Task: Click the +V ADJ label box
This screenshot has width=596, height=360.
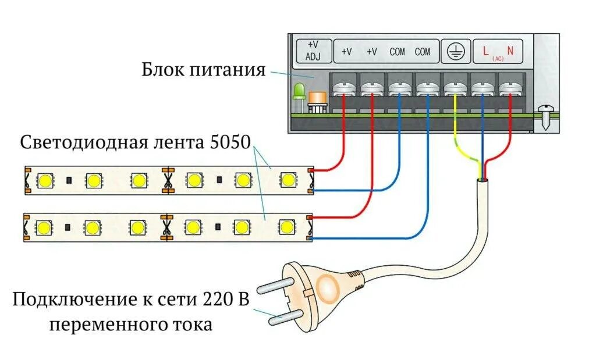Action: tap(314, 51)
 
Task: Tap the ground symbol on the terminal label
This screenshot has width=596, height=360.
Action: tap(455, 52)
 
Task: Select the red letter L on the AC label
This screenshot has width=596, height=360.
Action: tap(485, 51)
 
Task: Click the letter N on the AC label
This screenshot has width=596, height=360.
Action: tap(510, 51)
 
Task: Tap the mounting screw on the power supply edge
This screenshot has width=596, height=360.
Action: tap(545, 116)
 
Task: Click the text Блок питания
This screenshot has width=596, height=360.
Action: tap(204, 70)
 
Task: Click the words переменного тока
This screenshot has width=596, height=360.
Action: tap(130, 324)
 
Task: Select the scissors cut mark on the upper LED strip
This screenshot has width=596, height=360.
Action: tap(168, 180)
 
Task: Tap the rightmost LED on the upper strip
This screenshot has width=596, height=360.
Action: tap(286, 180)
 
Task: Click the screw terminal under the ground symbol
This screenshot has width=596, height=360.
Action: tap(454, 89)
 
